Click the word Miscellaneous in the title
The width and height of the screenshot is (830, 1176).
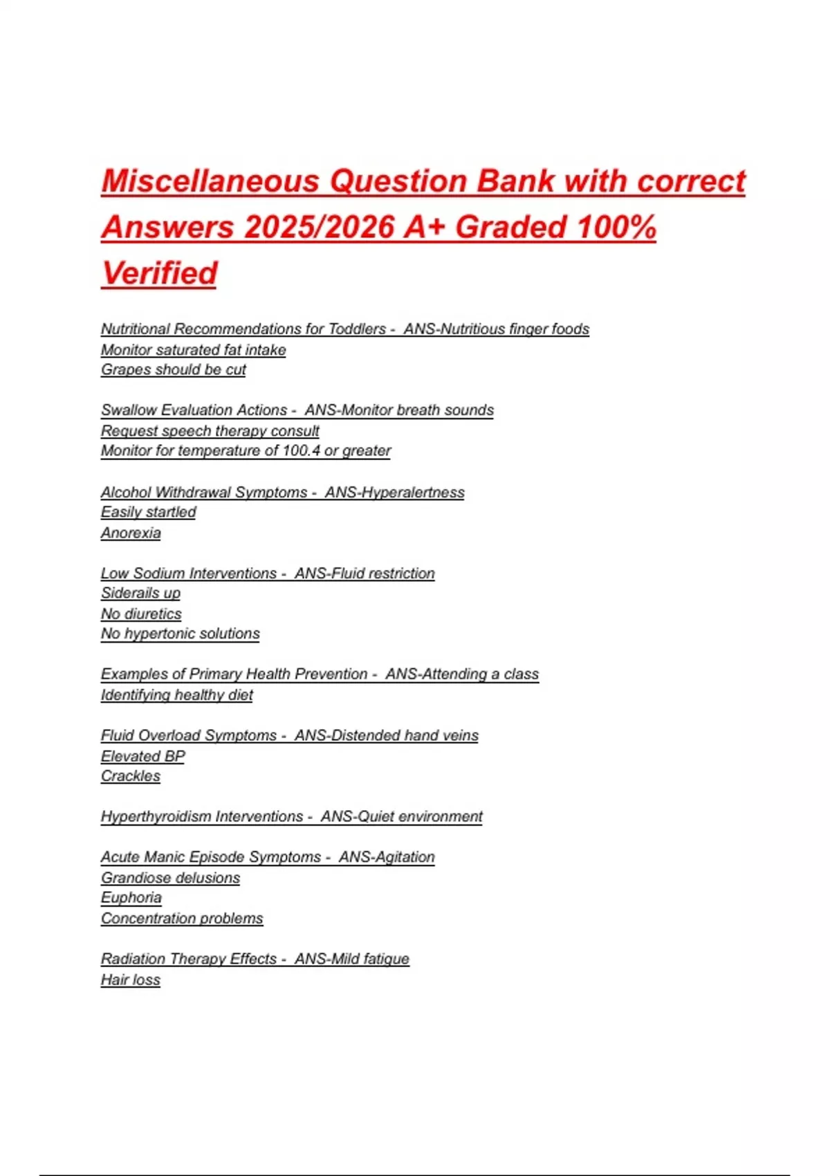211,181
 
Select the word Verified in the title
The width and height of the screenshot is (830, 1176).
160,273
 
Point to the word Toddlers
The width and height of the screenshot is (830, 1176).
357,329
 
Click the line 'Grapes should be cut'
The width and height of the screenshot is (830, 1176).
174,369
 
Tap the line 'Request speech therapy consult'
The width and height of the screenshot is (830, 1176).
210,430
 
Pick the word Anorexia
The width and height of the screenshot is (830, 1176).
131,533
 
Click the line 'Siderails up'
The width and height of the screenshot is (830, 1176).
140,593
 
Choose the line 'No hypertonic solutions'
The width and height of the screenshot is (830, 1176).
181,634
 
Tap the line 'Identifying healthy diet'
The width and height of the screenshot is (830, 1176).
177,695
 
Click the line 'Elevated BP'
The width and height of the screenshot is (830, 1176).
143,756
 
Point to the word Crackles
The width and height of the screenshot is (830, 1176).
131,776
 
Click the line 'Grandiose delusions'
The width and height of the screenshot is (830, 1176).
171,878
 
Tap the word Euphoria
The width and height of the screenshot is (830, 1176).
131,898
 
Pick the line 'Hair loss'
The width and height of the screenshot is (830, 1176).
131,980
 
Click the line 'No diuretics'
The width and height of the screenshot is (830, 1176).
141,614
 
